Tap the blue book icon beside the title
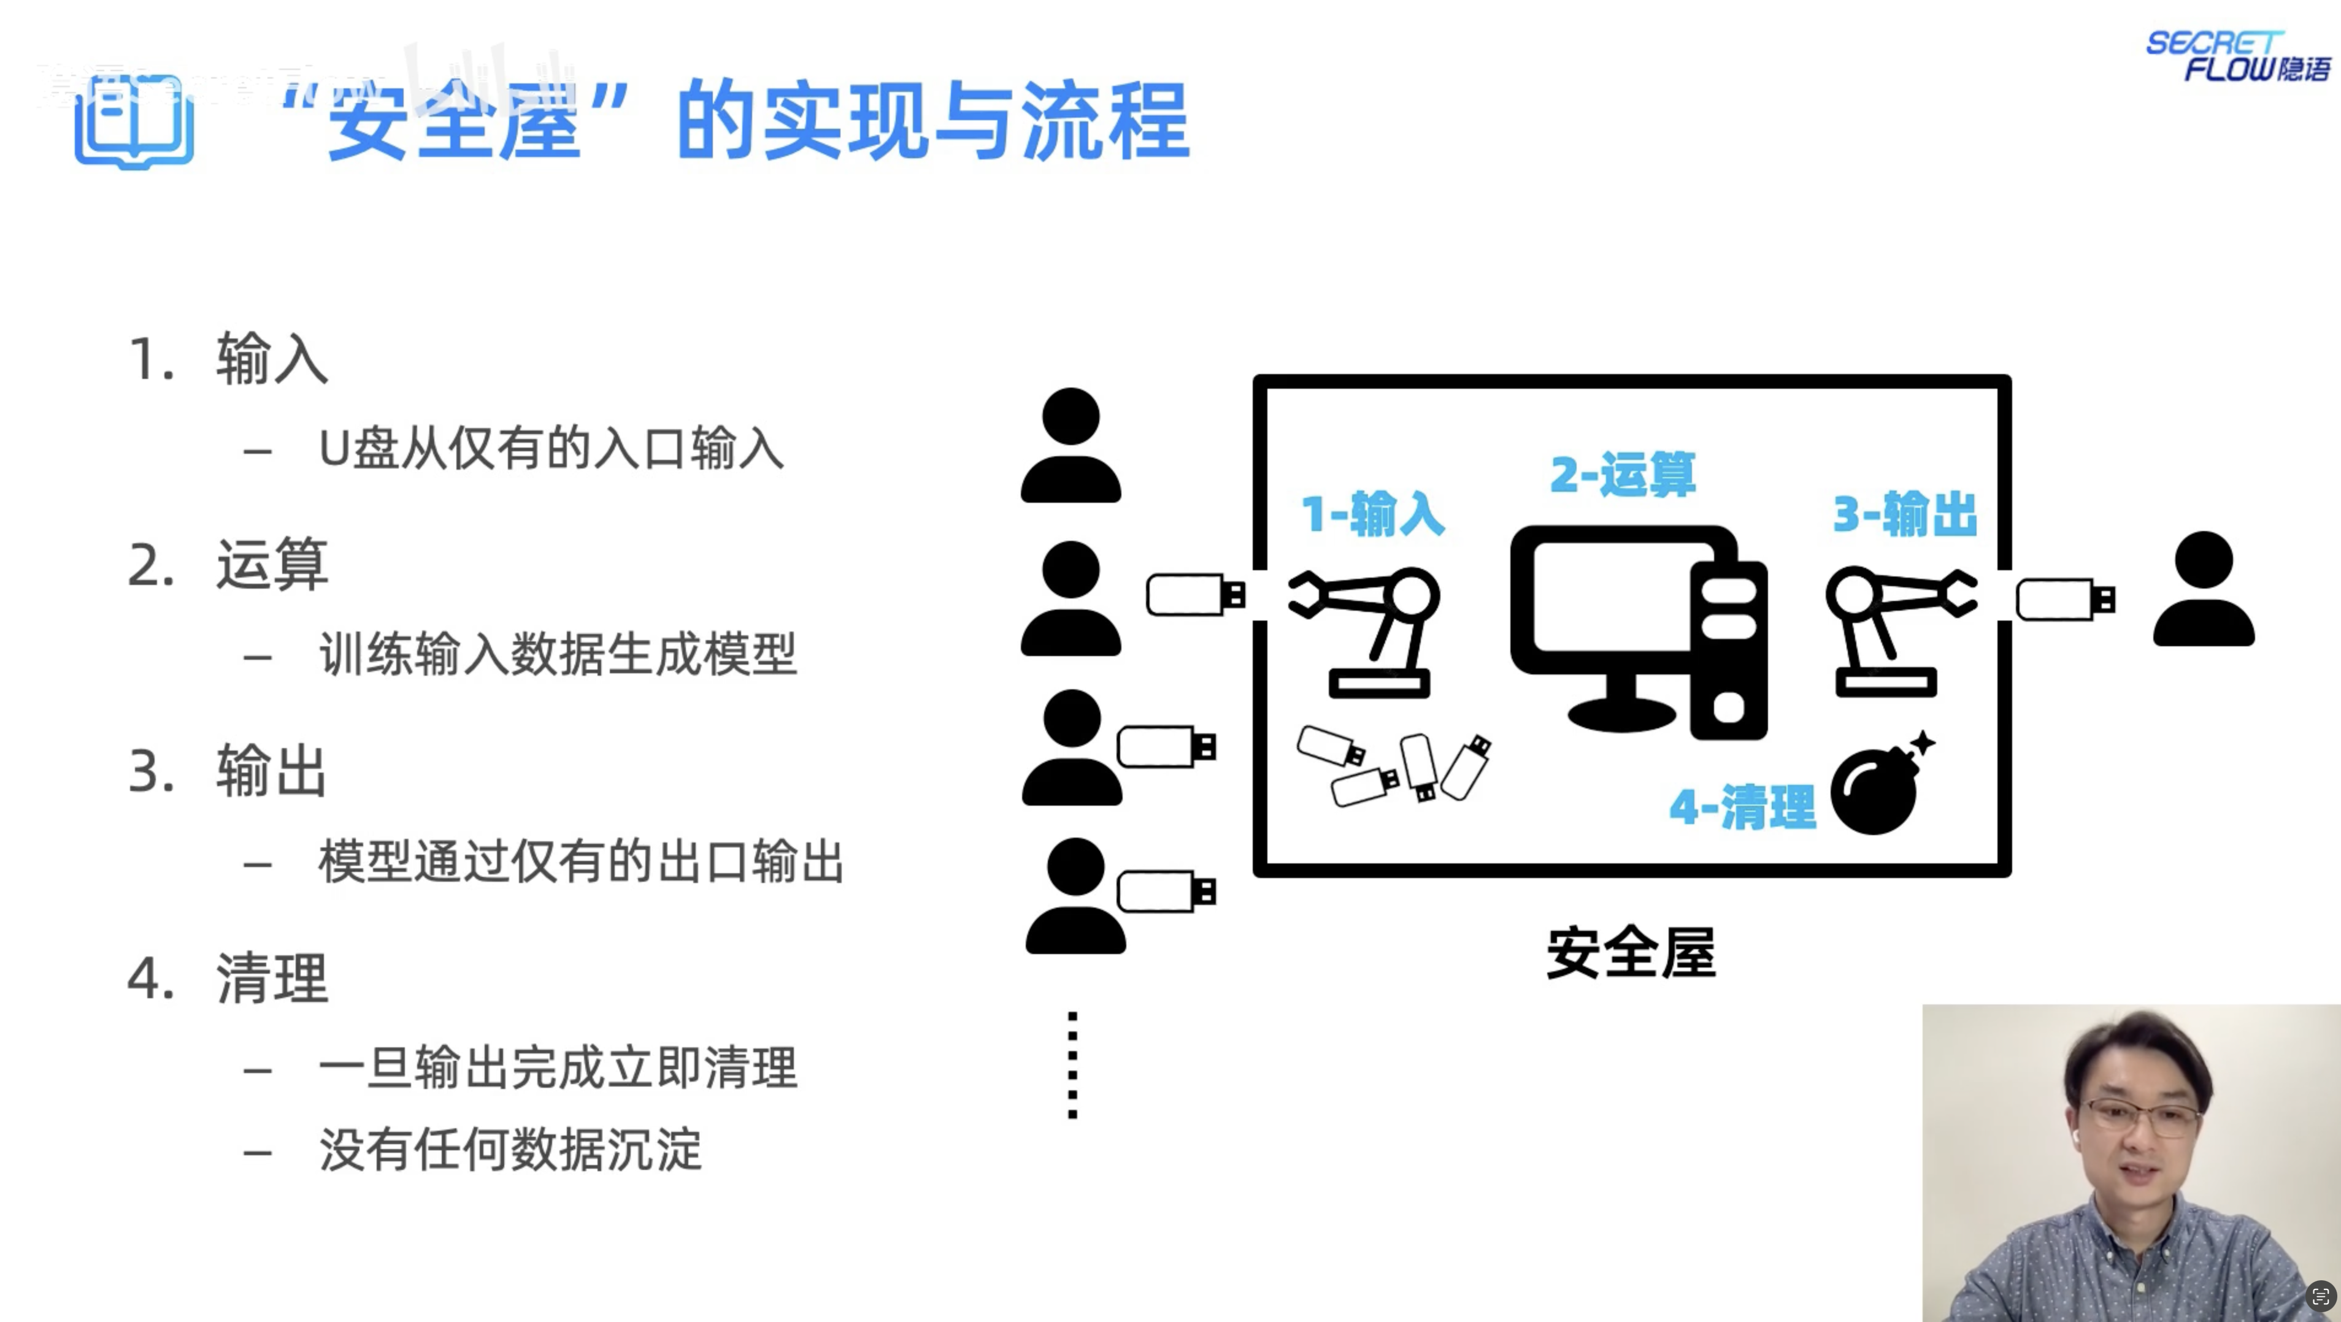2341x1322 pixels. point(134,123)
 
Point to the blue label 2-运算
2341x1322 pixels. point(1622,474)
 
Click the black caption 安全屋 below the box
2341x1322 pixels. point(1631,952)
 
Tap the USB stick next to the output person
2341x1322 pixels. point(2065,600)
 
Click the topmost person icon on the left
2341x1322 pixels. point(1071,445)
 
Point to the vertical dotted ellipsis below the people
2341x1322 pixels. point(1072,1064)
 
